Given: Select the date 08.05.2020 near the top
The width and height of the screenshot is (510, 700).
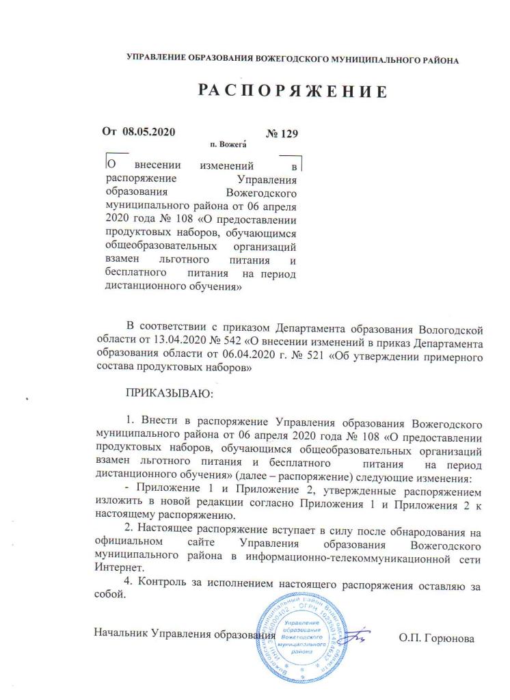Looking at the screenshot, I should tap(153, 132).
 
